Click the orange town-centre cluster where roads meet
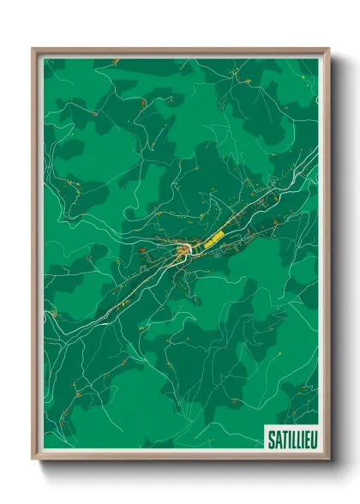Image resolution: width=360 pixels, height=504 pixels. [183, 250]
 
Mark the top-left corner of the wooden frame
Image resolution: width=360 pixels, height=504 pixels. [33, 49]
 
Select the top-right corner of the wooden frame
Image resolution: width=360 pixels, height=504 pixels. [329, 49]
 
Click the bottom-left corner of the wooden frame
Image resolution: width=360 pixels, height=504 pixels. [33, 459]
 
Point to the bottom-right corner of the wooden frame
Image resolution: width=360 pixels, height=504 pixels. [329, 459]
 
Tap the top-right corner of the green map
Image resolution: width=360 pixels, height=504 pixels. [318, 59]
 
